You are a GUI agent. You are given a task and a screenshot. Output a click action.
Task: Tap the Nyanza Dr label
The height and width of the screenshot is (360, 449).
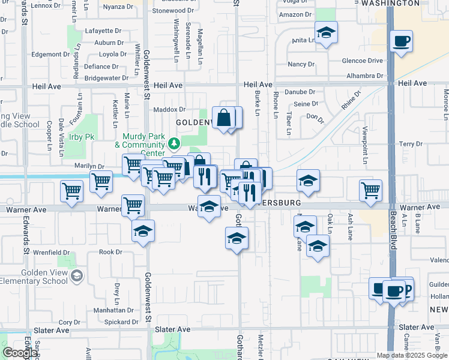[118, 7]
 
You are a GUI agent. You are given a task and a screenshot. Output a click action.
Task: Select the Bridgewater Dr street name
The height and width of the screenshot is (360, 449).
[108, 78]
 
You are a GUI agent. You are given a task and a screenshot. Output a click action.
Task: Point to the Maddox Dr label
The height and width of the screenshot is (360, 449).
[169, 109]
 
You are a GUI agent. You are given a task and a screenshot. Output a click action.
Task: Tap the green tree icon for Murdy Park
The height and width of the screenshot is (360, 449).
[174, 143]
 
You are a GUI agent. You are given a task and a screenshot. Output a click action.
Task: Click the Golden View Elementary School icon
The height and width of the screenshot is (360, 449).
[76, 275]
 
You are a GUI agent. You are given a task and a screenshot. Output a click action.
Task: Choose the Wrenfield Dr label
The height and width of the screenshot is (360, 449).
[47, 253]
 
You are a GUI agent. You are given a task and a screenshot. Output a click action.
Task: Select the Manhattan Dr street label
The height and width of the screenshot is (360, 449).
[113, 310]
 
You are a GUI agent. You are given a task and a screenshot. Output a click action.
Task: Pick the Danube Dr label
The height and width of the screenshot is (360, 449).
[300, 92]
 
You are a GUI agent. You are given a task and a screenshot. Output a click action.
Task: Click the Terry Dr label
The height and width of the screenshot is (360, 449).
[411, 144]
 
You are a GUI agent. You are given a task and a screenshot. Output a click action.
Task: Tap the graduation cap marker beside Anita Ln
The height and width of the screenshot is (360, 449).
[326, 33]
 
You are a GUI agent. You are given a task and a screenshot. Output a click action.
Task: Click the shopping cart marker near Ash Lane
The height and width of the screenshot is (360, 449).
[371, 190]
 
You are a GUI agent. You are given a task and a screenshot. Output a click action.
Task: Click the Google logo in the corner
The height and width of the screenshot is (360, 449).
[20, 353]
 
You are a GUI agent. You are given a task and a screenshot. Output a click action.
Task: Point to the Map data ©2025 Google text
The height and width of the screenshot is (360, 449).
[412, 355]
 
